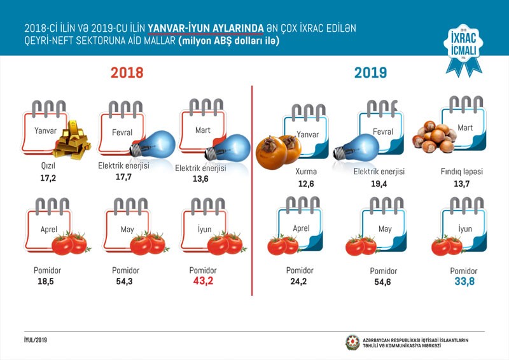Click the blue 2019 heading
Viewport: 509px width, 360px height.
(371, 73)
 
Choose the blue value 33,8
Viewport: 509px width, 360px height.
(463, 280)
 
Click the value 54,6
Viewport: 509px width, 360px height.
(384, 281)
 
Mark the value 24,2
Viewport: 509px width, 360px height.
(296, 280)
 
